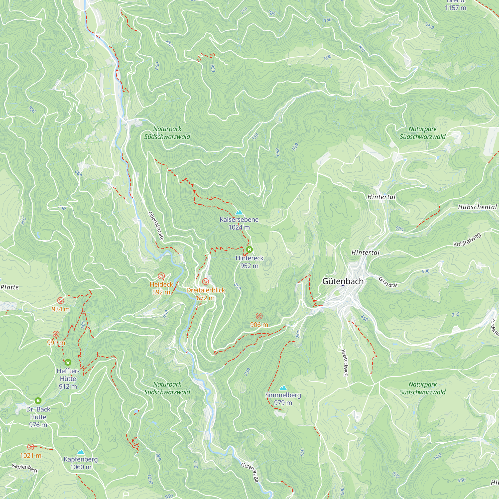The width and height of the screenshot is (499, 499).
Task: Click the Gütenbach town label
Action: click(x=343, y=281)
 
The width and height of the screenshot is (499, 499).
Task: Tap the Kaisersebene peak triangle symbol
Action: click(x=239, y=212)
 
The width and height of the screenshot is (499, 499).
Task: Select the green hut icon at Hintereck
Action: click(x=249, y=249)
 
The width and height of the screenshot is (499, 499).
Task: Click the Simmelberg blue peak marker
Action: click(x=283, y=388)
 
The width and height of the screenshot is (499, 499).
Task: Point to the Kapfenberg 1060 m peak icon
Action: click(x=81, y=452)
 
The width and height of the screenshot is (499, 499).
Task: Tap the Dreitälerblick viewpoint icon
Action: click(x=206, y=281)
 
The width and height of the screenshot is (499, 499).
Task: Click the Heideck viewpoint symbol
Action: click(x=161, y=276)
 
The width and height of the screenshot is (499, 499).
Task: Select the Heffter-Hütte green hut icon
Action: click(x=68, y=363)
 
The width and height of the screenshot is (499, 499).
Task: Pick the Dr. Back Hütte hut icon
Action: click(x=38, y=401)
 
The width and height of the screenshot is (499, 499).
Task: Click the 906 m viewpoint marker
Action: click(x=259, y=316)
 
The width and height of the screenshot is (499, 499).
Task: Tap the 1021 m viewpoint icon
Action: click(x=31, y=447)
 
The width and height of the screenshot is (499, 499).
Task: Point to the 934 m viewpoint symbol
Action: click(x=61, y=301)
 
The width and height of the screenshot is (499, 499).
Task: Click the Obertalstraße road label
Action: click(x=156, y=226)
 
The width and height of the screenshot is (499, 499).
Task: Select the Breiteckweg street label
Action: click(x=344, y=363)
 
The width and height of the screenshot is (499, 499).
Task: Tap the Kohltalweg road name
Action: click(x=468, y=240)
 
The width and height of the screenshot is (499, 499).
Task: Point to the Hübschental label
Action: click(x=477, y=207)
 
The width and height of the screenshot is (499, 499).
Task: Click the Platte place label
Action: click(x=10, y=287)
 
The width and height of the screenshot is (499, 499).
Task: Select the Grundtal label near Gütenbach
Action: click(x=388, y=282)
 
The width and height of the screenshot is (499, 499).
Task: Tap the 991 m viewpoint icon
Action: click(x=56, y=335)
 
